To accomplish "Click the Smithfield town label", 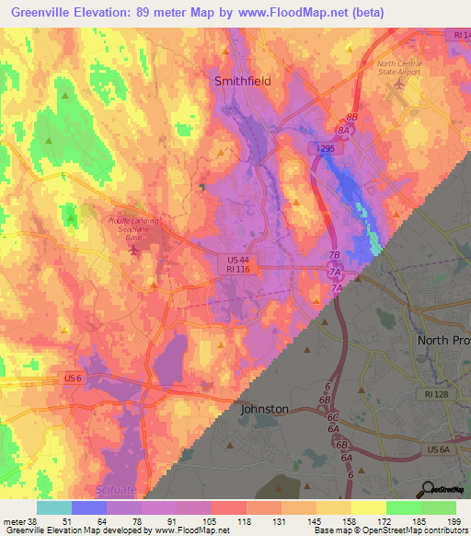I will point(242,81).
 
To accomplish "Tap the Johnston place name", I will point(265,408).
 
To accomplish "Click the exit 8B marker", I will point(350,118).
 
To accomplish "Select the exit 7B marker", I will point(335,255).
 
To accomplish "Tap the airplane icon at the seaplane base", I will point(134,249).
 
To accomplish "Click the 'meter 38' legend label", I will point(18,522).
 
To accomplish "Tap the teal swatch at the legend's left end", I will point(54,507).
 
